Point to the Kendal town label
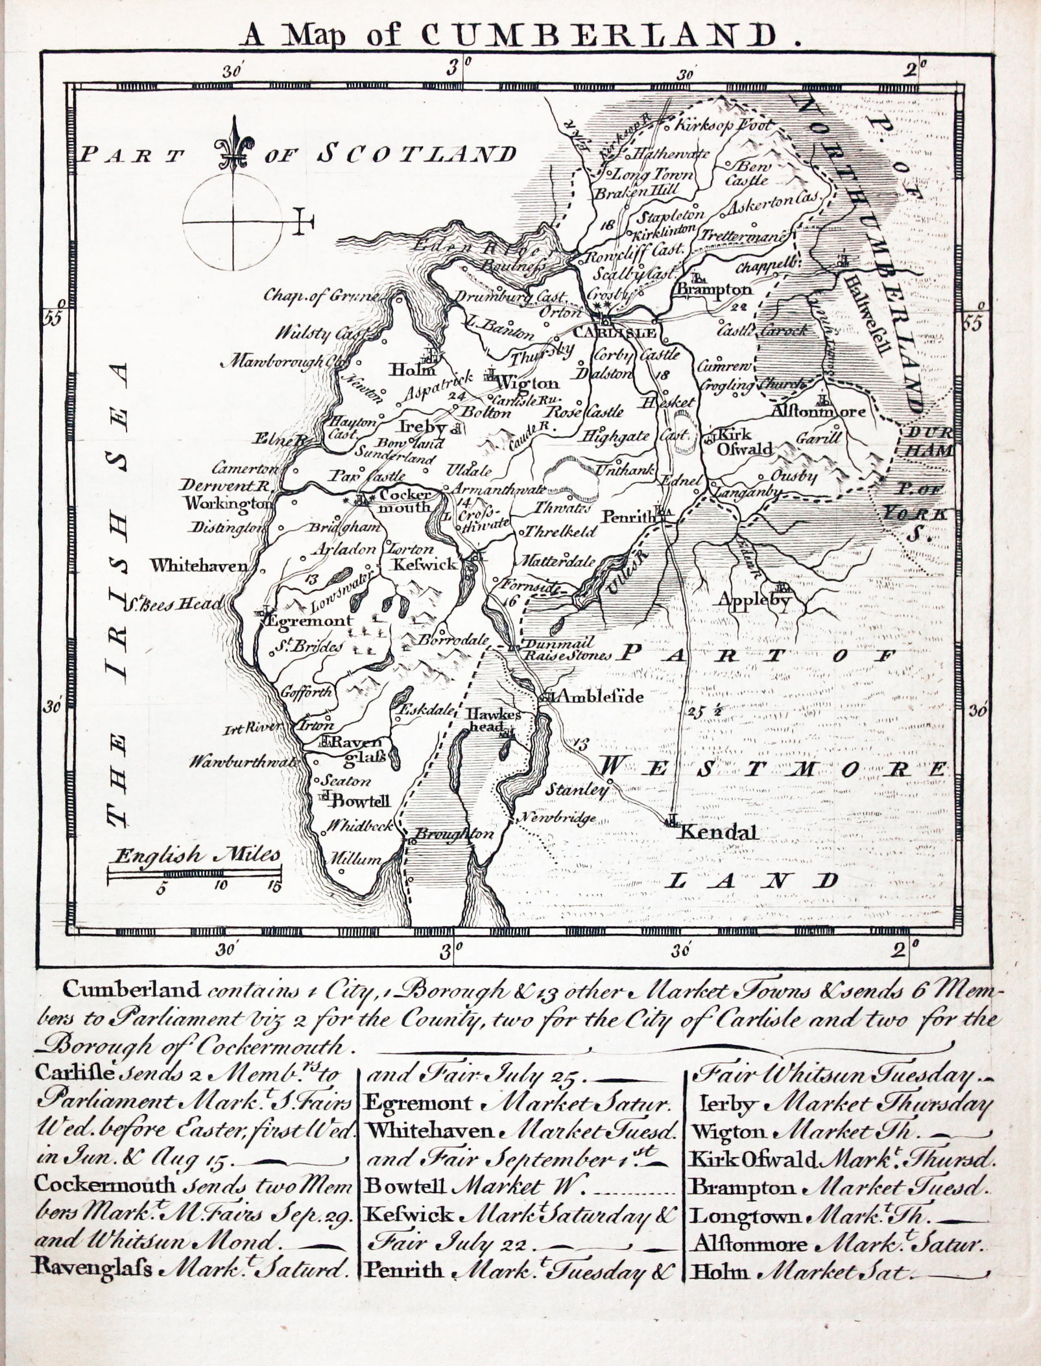[x=718, y=832]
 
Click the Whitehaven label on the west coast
[x=198, y=566]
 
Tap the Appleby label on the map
[x=754, y=601]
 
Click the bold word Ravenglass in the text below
[x=91, y=1268]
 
